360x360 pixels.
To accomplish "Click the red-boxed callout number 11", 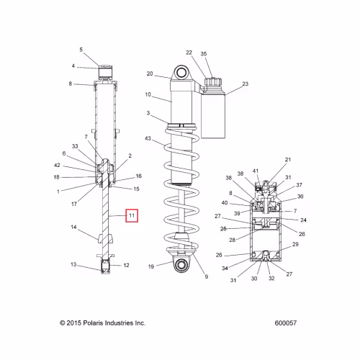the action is pyautogui.click(x=132, y=215).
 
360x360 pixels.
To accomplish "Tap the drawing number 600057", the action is pyautogui.click(x=286, y=323).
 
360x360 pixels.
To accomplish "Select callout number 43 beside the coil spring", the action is pyautogui.click(x=148, y=138).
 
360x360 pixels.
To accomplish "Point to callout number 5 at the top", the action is pyautogui.click(x=81, y=50).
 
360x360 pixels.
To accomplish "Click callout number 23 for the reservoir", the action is pyautogui.click(x=246, y=84).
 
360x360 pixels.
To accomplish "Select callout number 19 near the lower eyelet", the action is pyautogui.click(x=151, y=266).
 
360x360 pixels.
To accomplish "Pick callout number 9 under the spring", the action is pyautogui.click(x=207, y=276).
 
